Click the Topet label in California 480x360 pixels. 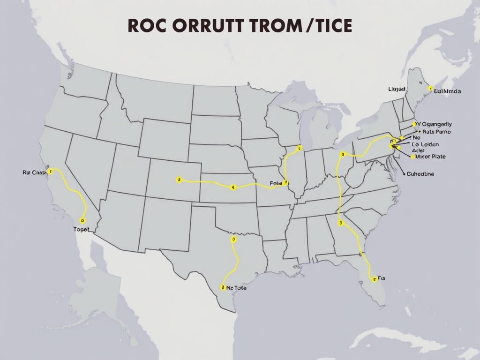point(81,229)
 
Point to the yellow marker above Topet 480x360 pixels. point(82,220)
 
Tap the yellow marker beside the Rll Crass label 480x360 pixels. point(51,172)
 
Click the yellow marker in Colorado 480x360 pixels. point(179,180)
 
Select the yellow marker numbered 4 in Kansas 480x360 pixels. point(233,187)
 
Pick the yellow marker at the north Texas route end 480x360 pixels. point(233,239)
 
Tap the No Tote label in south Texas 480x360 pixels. point(236,288)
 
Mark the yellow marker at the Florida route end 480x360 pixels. point(373,279)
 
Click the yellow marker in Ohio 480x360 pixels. point(343,154)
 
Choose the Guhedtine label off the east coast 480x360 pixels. point(420,174)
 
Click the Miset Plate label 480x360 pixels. point(430,157)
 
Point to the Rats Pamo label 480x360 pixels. point(433,132)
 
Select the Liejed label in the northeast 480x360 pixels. point(397,89)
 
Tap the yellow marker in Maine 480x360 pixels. point(429,88)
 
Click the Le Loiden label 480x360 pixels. point(426,145)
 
